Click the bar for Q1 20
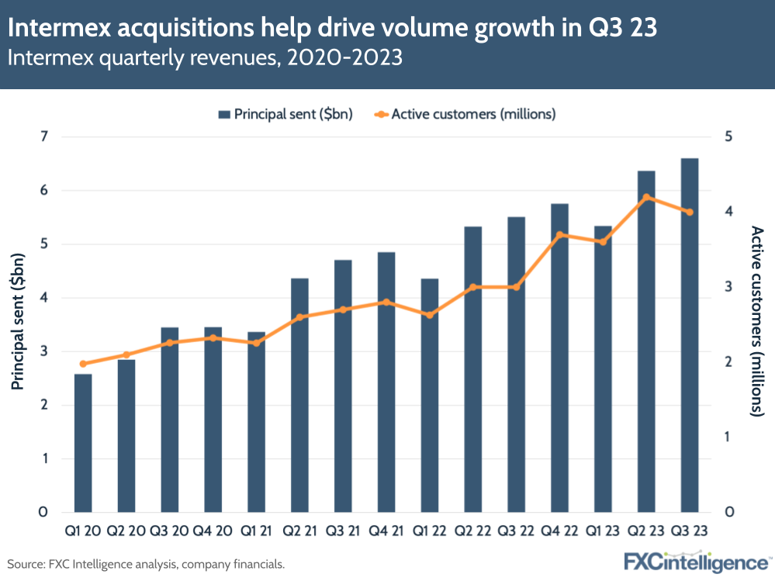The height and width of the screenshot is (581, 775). [x=83, y=443]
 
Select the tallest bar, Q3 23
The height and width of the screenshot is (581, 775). [x=690, y=335]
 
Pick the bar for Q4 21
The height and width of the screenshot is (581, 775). [x=386, y=382]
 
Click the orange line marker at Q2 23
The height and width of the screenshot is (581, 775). [x=646, y=197]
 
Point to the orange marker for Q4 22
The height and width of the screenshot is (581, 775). [x=560, y=235]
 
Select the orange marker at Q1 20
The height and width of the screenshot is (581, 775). [x=83, y=364]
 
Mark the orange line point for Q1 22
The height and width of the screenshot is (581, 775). [x=430, y=315]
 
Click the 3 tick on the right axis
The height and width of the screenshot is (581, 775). [x=729, y=287]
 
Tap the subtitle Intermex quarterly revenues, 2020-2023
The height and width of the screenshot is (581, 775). [x=205, y=59]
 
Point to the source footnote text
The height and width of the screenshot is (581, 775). [x=146, y=564]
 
